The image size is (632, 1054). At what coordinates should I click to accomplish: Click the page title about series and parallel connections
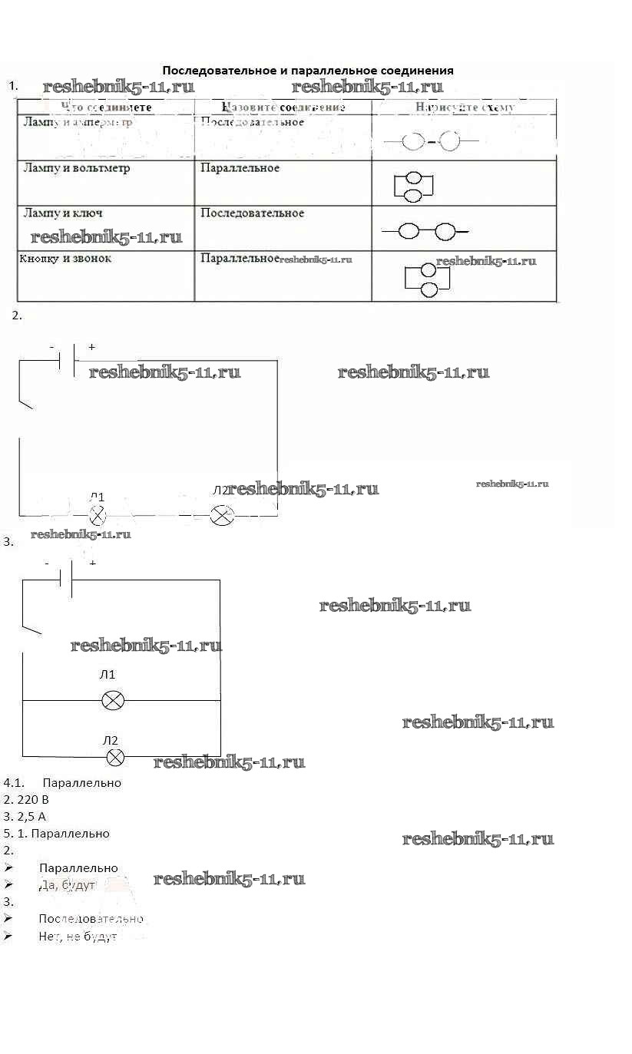coord(307,71)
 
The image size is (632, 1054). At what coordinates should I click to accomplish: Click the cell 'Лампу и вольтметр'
coord(77,168)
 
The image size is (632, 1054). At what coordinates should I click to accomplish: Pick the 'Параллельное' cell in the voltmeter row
coord(240,168)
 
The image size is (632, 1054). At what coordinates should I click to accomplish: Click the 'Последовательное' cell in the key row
coord(252,213)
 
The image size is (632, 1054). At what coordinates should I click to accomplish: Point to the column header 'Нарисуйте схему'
coord(464,107)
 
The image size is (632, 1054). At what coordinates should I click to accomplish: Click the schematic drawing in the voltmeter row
coord(413,186)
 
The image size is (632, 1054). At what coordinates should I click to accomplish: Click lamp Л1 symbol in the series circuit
coord(98,514)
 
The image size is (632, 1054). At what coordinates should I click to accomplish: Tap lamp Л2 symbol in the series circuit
coord(222,514)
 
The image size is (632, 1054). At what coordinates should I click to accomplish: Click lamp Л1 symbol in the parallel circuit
coord(114,700)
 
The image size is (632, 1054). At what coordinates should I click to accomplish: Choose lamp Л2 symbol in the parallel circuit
coord(114,758)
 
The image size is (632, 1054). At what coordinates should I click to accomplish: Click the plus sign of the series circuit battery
coord(92,347)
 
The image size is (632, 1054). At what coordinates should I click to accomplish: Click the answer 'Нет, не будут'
coord(78,937)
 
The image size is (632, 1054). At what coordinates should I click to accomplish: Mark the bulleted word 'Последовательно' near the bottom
coord(91,919)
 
